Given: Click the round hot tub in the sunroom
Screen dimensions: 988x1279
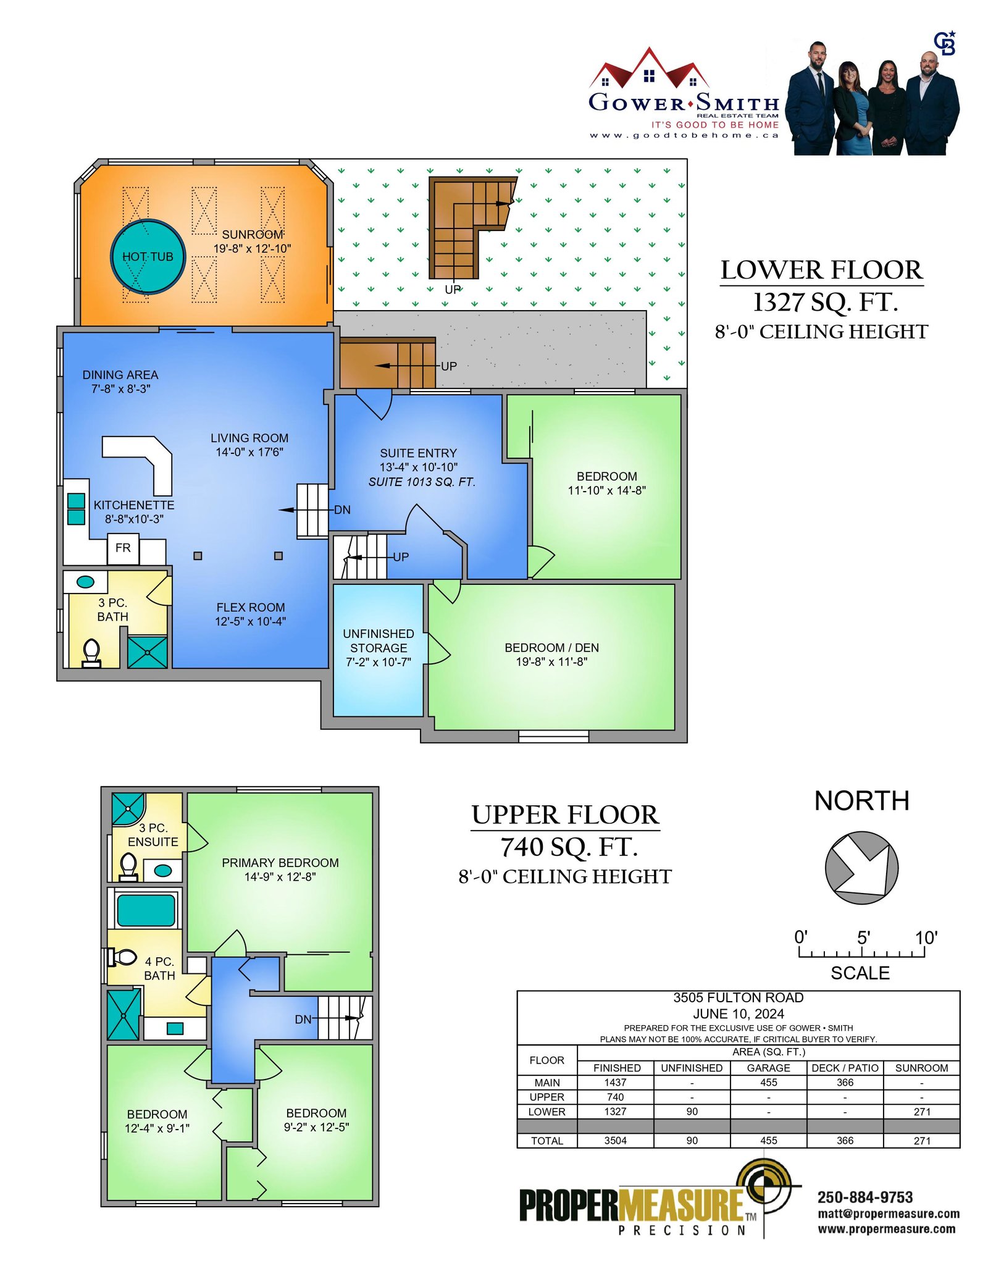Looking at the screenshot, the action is coord(148,256).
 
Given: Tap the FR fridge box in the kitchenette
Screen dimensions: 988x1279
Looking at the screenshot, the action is coord(123,548).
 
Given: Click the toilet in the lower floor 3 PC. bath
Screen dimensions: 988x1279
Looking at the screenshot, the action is coord(91,653).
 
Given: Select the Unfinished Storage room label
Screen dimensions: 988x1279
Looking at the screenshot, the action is coord(379,648).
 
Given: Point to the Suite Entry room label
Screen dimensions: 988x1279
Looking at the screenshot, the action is coord(419,453).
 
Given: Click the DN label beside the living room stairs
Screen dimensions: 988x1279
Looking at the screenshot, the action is coord(342,510).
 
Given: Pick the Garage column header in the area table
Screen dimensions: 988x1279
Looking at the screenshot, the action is coord(768,1068).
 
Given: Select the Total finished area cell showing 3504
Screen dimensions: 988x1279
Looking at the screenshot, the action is coord(615,1141).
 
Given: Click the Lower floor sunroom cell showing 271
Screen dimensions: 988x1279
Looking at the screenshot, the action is coord(922,1112).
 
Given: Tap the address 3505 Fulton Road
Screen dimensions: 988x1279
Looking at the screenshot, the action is coord(739,997).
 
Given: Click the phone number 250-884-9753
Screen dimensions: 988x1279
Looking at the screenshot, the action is coord(865,1197).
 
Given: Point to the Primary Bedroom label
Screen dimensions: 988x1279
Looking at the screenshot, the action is coord(280,863).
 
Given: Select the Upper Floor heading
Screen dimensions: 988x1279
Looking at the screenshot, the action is coord(565,815).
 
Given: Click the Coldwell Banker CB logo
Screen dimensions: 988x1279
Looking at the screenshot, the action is coord(945,43).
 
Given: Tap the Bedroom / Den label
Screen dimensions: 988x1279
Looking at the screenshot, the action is coord(551,647).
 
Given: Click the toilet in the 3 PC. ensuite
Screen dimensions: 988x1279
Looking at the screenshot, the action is coord(128,866).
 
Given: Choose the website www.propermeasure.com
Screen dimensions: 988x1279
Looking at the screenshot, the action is coord(887,1229).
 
